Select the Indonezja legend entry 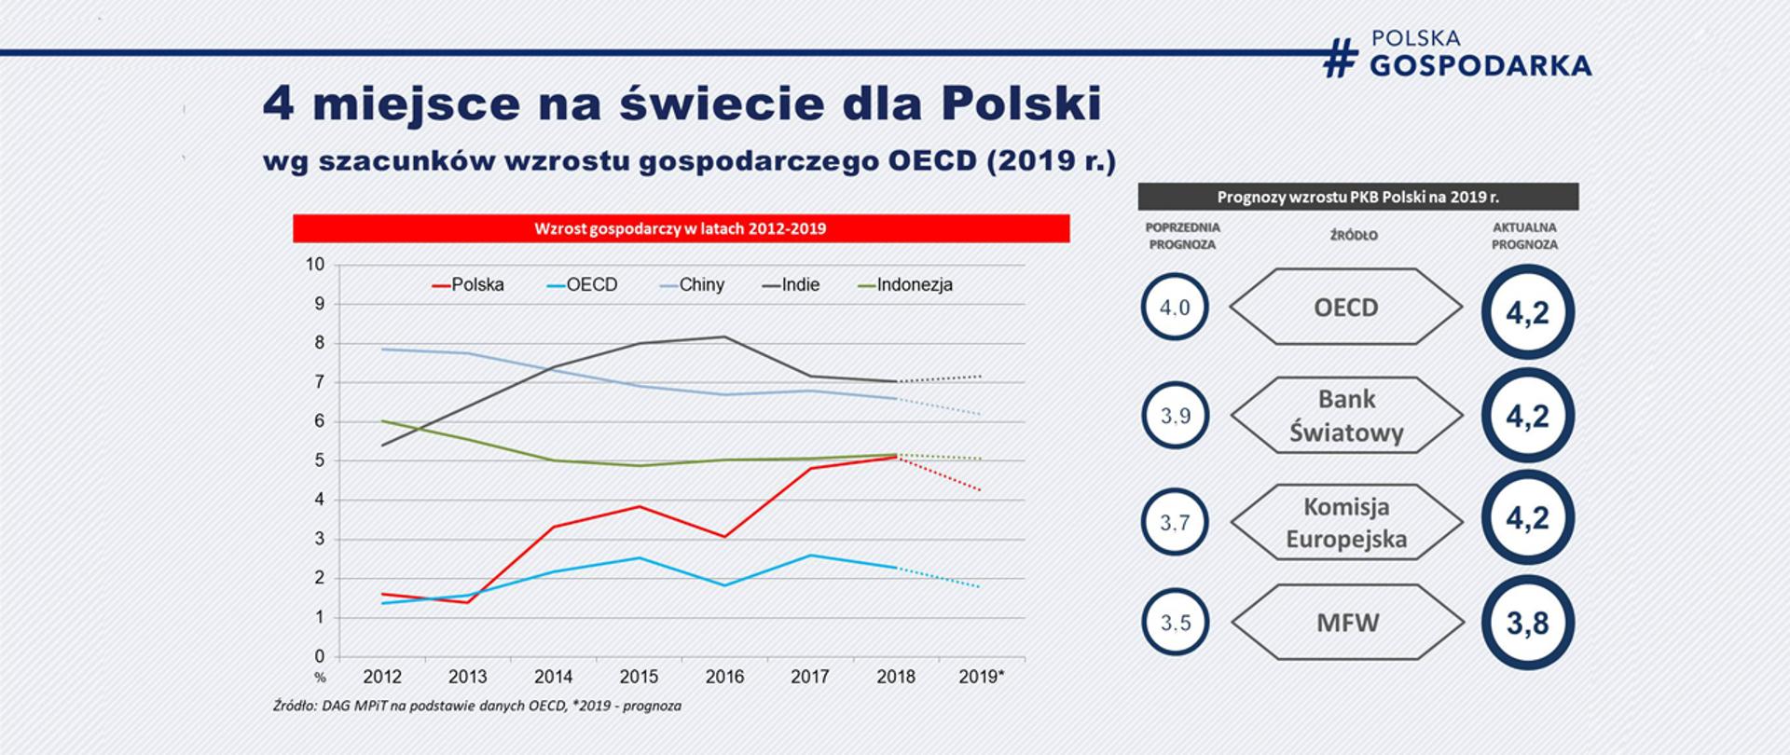905,285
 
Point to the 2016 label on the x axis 724,677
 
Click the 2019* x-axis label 981,677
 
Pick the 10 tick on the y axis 315,265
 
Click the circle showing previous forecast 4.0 1175,308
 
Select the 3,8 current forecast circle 1527,623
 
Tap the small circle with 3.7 1175,522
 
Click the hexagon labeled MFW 1346,623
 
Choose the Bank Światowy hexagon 1346,416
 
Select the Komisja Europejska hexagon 1346,522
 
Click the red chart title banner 681,228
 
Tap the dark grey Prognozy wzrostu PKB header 1357,197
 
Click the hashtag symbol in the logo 1340,58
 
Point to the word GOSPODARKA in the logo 1480,65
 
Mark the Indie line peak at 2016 725,336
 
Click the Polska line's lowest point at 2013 467,602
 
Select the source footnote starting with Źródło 477,706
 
